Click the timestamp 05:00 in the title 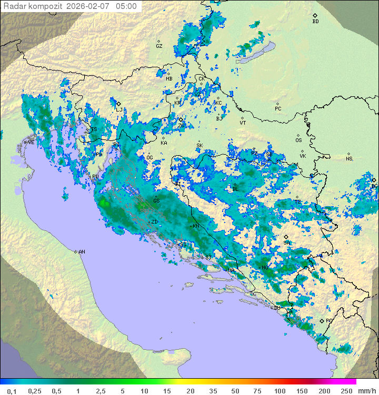[x=126, y=6]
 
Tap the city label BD [x=315, y=22]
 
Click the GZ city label [x=159, y=46]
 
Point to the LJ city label [x=119, y=110]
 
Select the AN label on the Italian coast [x=82, y=252]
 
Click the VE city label [x=31, y=143]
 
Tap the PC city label [x=278, y=109]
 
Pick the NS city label [x=349, y=159]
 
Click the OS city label [x=298, y=140]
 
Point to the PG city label [x=329, y=321]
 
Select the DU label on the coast [x=277, y=308]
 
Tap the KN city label [x=196, y=226]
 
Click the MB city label [x=169, y=79]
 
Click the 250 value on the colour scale [x=346, y=391]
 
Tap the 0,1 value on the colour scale [x=12, y=391]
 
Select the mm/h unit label [x=366, y=391]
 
